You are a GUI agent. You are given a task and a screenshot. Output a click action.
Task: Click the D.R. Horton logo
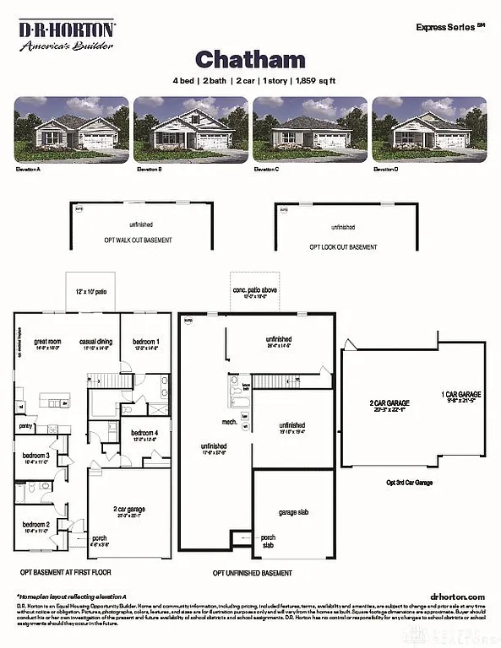[68, 35]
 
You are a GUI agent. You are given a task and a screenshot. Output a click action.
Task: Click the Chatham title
[250, 58]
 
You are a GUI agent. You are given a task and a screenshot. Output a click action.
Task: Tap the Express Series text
[449, 27]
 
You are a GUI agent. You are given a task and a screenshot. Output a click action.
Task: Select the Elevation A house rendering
[71, 128]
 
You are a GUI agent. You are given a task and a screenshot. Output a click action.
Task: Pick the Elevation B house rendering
[190, 128]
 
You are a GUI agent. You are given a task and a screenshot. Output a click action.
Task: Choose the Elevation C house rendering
[310, 128]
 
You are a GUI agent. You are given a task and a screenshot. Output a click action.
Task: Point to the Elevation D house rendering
[429, 128]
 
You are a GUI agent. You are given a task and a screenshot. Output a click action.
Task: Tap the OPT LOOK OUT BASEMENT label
[343, 246]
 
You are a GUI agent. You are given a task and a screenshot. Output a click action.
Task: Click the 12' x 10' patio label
[90, 291]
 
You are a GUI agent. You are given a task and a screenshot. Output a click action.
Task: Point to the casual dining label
[95, 342]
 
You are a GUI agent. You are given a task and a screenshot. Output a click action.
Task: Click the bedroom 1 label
[145, 342]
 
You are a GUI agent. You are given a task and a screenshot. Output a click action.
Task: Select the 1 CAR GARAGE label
[460, 394]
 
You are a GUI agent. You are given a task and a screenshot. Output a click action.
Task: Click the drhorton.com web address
[457, 596]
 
